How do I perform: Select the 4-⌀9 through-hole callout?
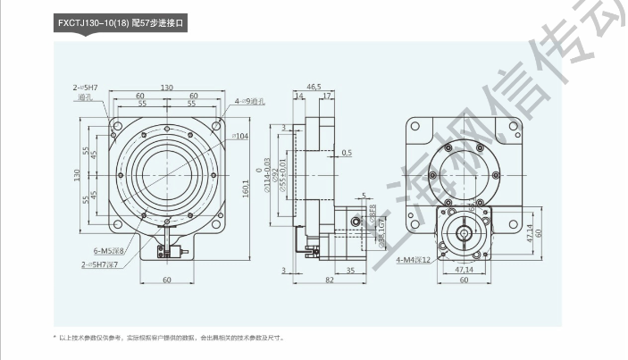pos(249,101)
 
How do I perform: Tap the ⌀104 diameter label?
pos(240,135)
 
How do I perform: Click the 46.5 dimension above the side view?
pos(314,87)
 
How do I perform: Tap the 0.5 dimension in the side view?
pos(347,153)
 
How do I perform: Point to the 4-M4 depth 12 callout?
pos(414,260)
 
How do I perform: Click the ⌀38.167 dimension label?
pos(381,230)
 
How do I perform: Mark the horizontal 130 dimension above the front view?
pos(167,87)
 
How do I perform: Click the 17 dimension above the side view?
pos(327,96)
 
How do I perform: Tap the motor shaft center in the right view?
pos(465,235)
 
